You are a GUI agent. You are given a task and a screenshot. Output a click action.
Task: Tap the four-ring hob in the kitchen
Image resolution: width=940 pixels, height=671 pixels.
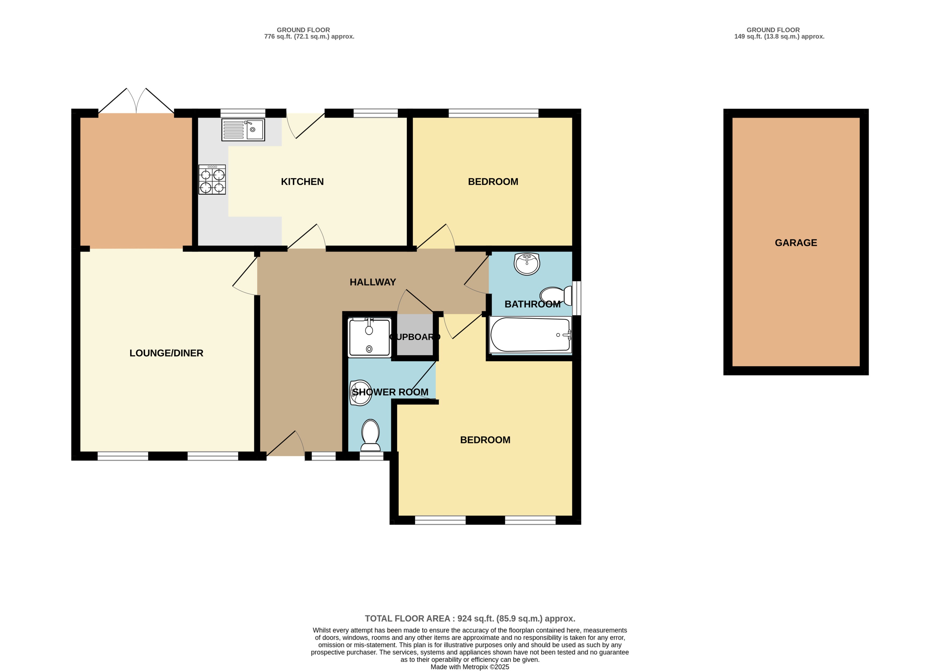212,180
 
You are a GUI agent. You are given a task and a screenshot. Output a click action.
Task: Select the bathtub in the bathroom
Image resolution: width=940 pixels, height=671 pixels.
530,335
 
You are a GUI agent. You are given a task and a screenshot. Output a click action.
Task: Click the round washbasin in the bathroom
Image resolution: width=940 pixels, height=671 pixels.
527,264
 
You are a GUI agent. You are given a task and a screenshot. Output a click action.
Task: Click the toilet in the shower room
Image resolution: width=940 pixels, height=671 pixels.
370,435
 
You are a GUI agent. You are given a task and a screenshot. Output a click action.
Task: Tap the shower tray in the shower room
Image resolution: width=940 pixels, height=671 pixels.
369,338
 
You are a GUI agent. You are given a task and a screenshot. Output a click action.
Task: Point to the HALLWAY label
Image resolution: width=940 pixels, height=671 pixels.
373,282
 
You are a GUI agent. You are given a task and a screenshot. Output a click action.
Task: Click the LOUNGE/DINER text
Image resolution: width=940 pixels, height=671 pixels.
166,353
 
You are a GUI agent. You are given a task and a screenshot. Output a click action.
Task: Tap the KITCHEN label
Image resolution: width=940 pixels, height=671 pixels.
302,181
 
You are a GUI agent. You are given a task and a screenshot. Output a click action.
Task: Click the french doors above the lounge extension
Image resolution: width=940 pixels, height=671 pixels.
136,101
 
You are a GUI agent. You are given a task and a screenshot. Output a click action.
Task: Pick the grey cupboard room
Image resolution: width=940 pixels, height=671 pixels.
415,335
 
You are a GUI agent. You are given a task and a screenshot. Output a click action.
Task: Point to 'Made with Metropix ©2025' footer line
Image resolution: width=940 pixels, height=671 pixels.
469,666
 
